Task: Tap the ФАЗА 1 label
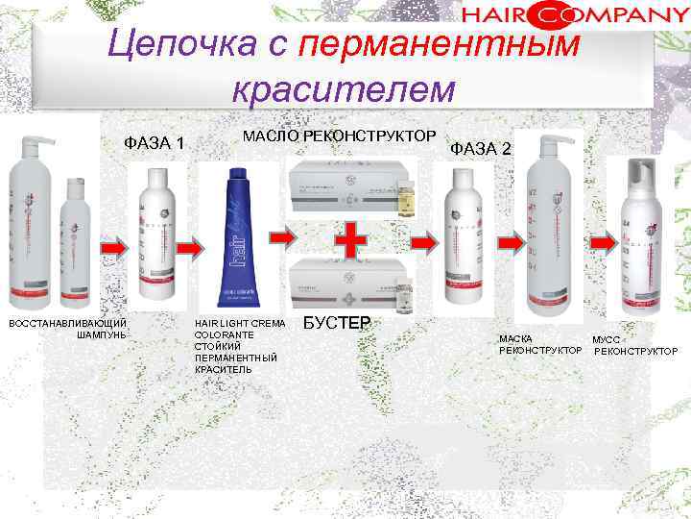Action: [x=155, y=143]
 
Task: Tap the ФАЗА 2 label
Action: [x=481, y=148]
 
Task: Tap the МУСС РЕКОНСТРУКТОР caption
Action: [x=633, y=345]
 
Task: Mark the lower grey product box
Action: [x=341, y=279]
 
